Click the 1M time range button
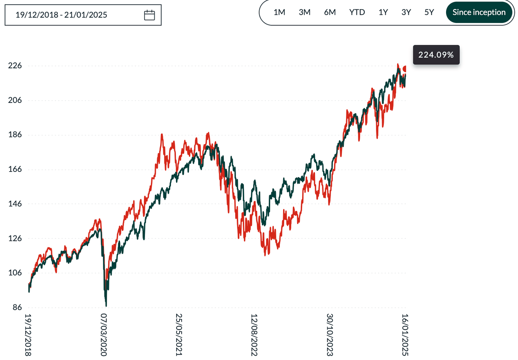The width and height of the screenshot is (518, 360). coord(279,12)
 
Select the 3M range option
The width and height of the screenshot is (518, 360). coord(304,12)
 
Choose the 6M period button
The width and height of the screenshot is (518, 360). coord(330,12)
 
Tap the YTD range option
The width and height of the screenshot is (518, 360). coord(357,12)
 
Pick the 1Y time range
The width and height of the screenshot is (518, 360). coord(383,12)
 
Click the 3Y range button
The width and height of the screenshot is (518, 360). coord(406,12)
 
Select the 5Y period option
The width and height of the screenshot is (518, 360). coord(429,12)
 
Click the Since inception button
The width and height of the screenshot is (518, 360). coord(479,12)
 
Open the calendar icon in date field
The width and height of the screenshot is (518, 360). coord(149,15)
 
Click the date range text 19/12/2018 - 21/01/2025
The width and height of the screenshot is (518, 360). coord(61,15)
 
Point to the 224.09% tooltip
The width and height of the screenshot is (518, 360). coord(436,55)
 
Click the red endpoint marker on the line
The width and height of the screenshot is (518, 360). coord(405,69)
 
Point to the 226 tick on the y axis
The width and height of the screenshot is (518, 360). coord(15,65)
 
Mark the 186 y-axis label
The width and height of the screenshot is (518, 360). coord(15,135)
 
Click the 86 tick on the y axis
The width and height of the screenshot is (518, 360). coord(17,307)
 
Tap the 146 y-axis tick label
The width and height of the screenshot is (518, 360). coord(15,204)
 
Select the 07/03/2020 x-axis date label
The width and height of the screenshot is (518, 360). coord(104,335)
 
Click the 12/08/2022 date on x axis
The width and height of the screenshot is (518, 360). coord(254,335)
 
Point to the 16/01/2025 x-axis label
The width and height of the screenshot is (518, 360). coord(405,335)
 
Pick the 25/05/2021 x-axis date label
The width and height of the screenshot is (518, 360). coord(179,335)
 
